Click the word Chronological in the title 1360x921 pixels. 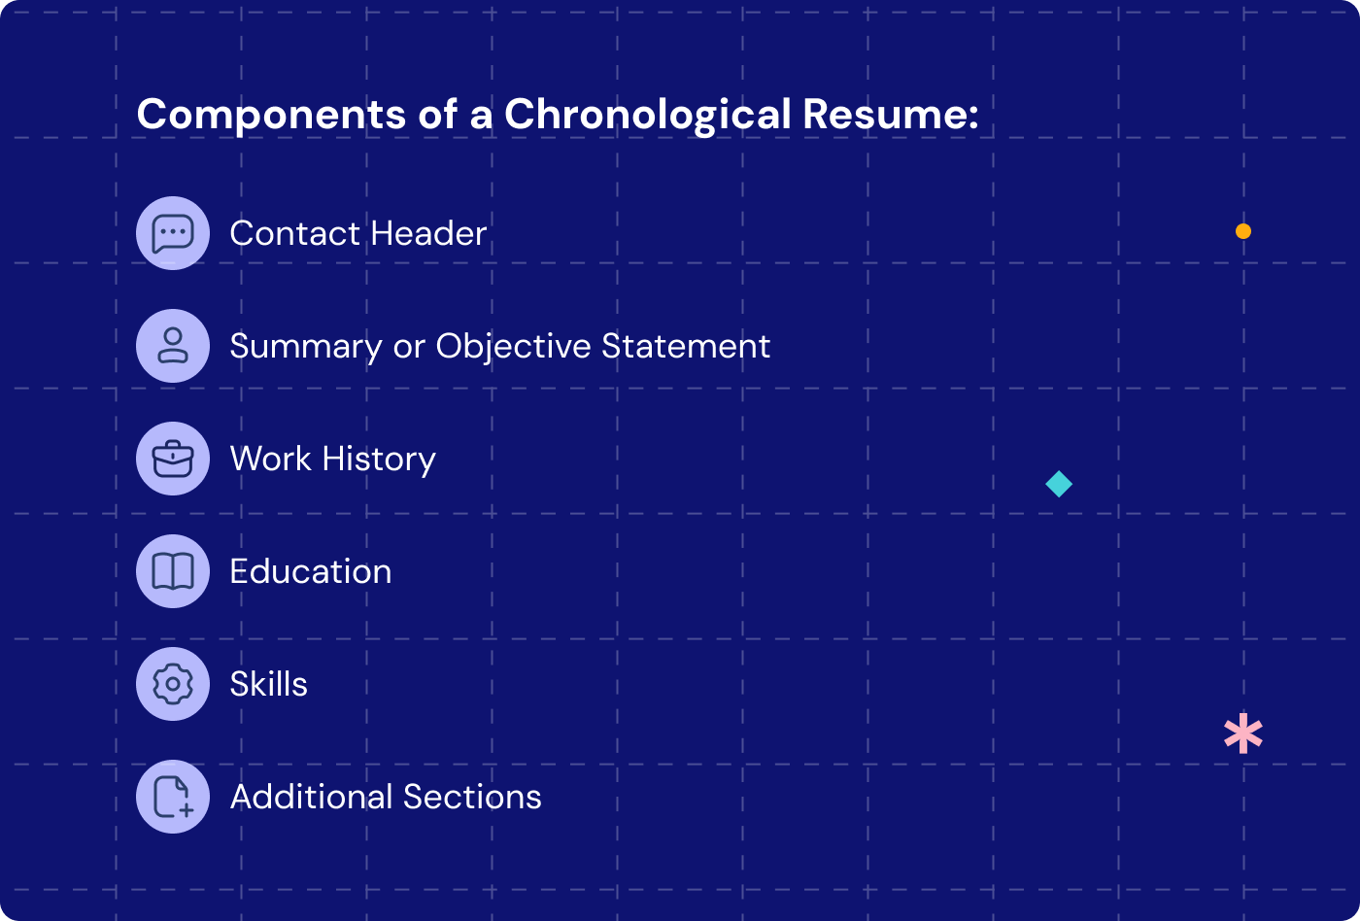click(648, 115)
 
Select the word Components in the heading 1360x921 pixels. click(271, 115)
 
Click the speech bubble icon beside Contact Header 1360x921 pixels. click(173, 233)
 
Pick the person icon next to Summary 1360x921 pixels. click(173, 346)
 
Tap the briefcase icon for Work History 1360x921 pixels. click(173, 459)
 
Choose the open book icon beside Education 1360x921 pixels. click(173, 571)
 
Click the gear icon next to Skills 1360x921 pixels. click(173, 684)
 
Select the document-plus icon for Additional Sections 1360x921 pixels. click(173, 797)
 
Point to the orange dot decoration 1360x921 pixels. click(1243, 231)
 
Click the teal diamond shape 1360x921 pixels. click(1059, 484)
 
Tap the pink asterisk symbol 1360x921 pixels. click(1243, 734)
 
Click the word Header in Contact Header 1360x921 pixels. click(428, 233)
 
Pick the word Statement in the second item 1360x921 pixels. click(686, 346)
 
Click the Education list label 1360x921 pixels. click(311, 571)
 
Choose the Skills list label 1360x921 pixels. click(269, 684)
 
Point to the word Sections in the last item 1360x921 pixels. click(472, 797)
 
